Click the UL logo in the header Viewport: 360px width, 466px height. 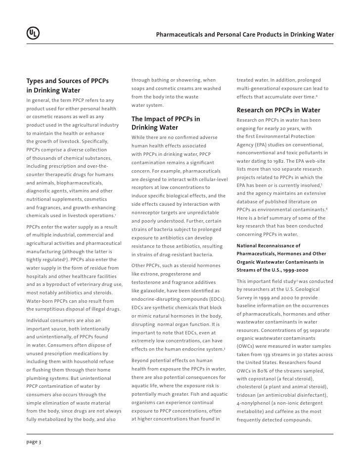[33, 34]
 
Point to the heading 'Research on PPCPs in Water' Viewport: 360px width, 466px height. [278, 110]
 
